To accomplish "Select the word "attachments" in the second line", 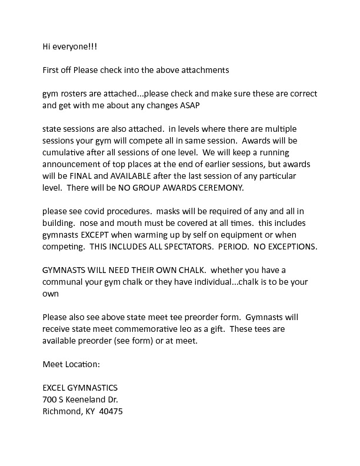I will click(204, 70).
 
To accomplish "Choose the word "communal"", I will click(65, 281).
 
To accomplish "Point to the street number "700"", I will click(49, 400).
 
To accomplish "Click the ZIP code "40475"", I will click(110, 411).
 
